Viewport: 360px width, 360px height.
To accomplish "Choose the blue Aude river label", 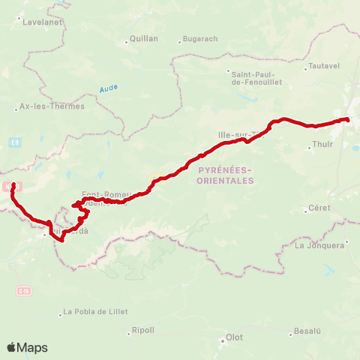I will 109,88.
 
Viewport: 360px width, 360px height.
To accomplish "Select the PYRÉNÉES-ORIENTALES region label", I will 226,176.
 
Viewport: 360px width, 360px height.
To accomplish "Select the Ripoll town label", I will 142,330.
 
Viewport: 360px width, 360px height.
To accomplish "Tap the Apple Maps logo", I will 27,347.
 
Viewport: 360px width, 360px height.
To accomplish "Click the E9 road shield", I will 16,142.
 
